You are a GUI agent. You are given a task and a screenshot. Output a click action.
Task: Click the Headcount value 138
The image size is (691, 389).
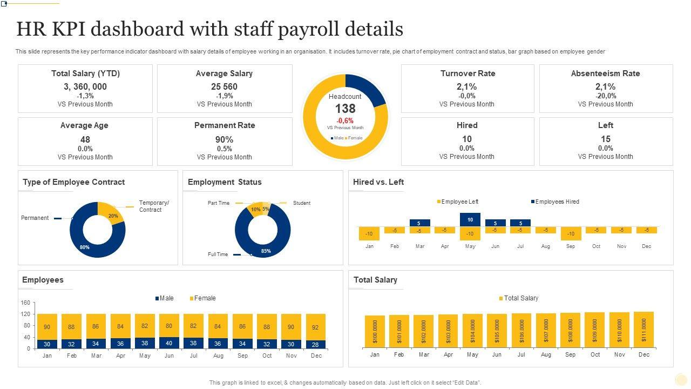345,109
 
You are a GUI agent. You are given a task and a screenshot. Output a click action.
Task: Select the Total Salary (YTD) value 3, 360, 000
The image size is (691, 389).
85,86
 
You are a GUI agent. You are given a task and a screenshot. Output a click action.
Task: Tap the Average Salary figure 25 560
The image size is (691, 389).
224,86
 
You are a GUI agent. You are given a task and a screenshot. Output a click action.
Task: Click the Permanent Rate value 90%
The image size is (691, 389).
224,139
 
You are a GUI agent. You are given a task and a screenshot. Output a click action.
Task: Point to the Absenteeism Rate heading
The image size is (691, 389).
605,73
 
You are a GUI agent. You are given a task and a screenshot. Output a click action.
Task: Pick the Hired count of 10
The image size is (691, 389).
467,139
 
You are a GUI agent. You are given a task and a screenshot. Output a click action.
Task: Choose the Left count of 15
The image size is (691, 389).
605,139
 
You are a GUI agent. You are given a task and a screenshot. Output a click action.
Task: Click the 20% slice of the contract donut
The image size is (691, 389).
112,213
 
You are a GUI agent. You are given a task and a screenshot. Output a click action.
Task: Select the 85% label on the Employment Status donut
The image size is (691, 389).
266,251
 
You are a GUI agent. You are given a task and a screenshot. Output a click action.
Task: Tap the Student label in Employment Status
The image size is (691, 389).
301,203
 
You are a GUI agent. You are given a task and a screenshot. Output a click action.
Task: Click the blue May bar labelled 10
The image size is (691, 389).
470,219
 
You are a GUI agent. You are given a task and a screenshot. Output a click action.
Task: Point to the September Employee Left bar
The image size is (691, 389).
571,233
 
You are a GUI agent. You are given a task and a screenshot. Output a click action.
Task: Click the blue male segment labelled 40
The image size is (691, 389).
169,343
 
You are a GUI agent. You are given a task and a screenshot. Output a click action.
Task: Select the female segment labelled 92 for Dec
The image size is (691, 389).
315,327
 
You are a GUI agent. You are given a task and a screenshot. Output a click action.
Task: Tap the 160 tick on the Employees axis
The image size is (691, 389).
25,303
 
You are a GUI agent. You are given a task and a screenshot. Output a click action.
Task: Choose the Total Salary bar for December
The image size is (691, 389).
644,329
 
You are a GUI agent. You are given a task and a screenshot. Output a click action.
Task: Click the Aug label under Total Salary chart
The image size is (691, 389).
546,355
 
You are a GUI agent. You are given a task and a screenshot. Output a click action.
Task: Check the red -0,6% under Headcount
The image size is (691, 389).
345,120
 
